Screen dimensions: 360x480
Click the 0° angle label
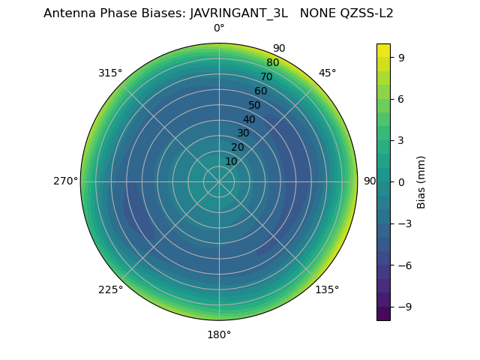(219, 28)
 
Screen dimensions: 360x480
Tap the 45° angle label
(327, 73)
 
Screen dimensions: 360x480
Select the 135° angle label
(327, 289)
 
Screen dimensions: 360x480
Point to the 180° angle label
(219, 334)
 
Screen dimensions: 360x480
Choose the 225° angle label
(110, 289)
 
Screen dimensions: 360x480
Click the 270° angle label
(65, 181)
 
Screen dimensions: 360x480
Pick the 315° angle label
(110, 73)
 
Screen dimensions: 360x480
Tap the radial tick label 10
(231, 161)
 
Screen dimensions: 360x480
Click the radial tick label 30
(243, 133)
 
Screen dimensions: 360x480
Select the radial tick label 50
(255, 105)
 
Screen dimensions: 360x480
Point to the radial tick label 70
(266, 76)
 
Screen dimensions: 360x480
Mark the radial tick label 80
(272, 63)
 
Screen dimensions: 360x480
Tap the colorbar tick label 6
(401, 98)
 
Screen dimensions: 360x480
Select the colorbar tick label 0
(401, 181)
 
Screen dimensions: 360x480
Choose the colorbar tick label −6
(404, 265)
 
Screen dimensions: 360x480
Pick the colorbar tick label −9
(404, 306)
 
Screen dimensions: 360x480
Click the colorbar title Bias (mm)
(421, 181)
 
